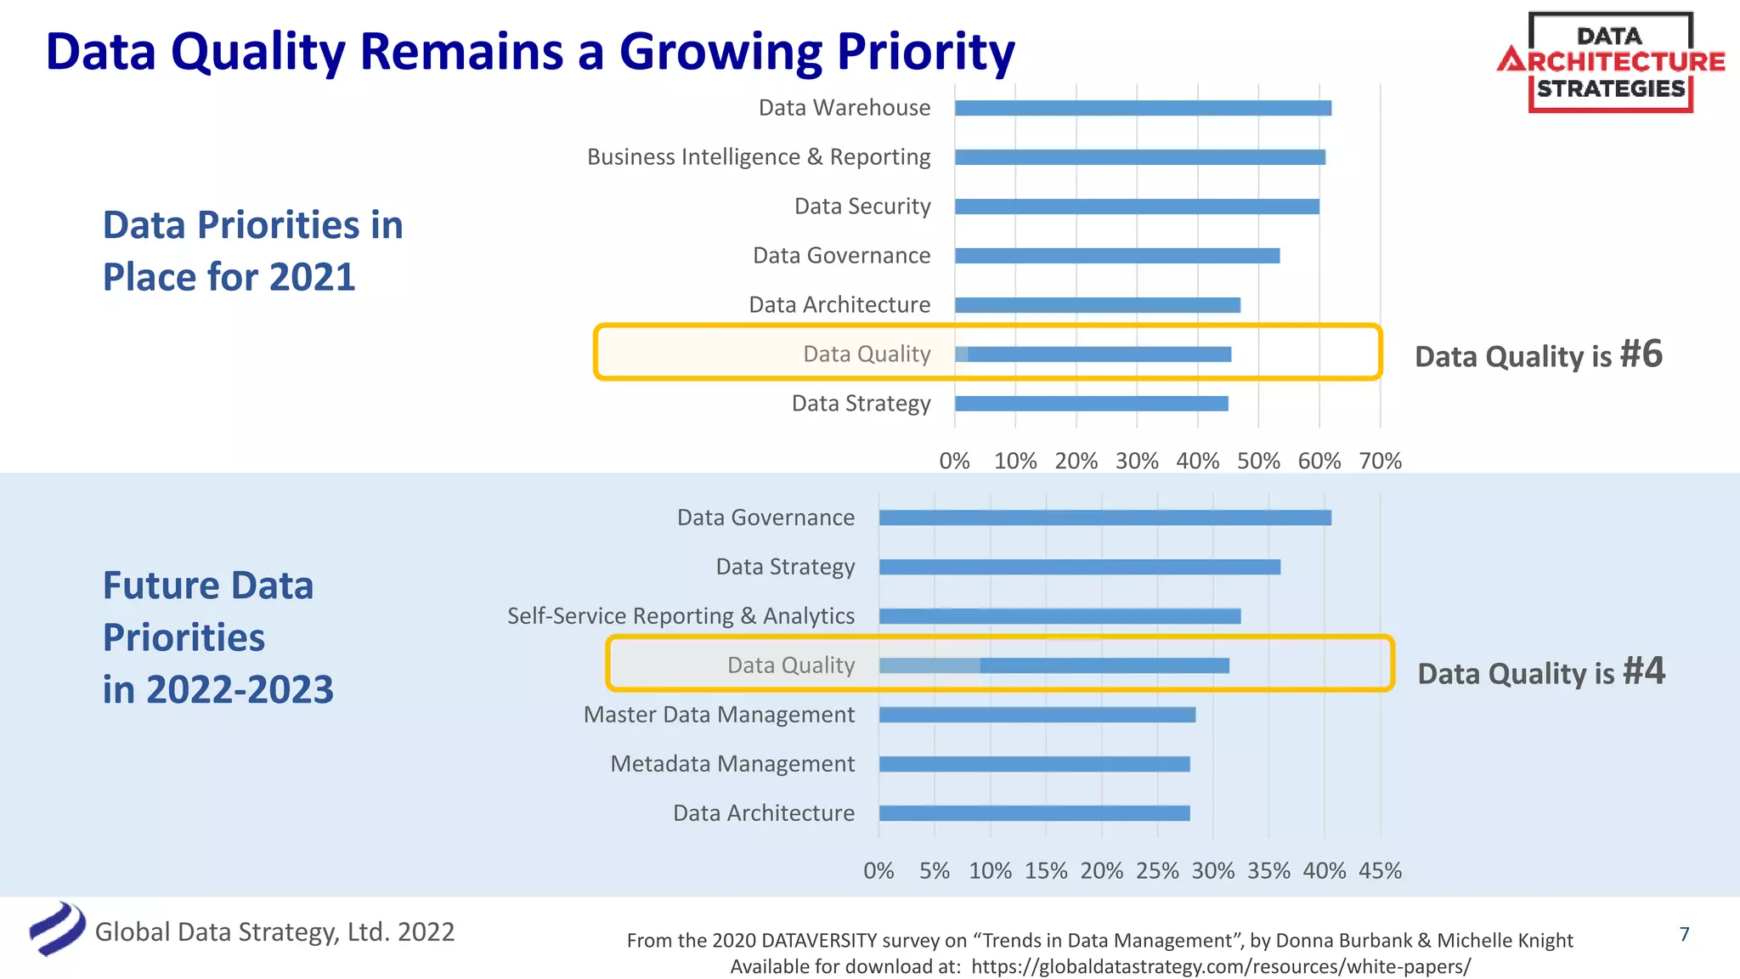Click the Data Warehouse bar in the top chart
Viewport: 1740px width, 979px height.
[1143, 108]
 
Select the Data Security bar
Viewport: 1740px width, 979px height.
[1137, 207]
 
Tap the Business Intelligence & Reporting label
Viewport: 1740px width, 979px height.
[759, 157]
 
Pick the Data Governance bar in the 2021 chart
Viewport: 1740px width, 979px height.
[1117, 256]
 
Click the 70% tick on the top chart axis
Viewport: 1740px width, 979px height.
[1380, 461]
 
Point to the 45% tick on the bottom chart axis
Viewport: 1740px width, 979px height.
[1380, 871]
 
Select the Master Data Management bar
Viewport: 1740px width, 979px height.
[1037, 715]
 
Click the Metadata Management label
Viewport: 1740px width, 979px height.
[732, 764]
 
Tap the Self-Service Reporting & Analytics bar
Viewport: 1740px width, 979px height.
[1059, 616]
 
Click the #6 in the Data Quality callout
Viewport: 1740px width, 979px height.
[1641, 354]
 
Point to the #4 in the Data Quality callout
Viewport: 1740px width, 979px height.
[1644, 671]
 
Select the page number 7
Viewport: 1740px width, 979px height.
[1685, 934]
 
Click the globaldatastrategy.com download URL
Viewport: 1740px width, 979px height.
[1220, 967]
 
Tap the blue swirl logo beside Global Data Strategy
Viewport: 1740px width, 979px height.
[57, 929]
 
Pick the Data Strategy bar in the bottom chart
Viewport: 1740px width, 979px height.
[1079, 567]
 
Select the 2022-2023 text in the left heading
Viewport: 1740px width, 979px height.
[240, 689]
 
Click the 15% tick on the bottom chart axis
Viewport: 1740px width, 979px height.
[1046, 871]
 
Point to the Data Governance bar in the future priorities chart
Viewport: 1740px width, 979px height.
[1104, 518]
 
